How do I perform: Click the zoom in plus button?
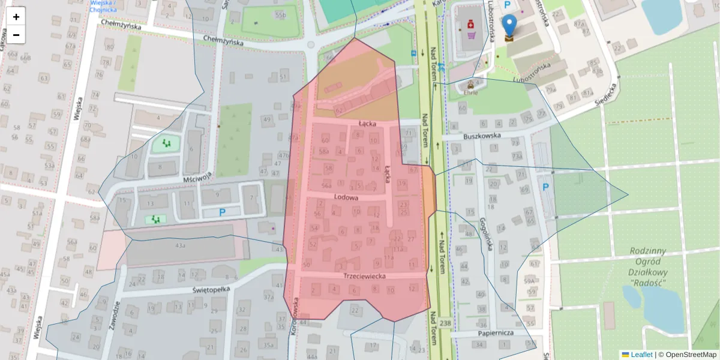16,17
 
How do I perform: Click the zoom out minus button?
16,35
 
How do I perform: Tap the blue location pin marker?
509,26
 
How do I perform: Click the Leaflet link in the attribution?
641,355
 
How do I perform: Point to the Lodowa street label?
346,197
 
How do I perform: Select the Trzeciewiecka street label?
364,276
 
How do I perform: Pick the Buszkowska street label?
482,136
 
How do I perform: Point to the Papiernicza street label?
496,332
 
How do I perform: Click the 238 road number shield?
445,323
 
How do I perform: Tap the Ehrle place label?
470,93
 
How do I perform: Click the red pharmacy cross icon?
471,24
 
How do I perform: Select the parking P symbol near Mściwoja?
222,212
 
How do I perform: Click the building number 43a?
181,246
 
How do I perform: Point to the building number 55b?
280,14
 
